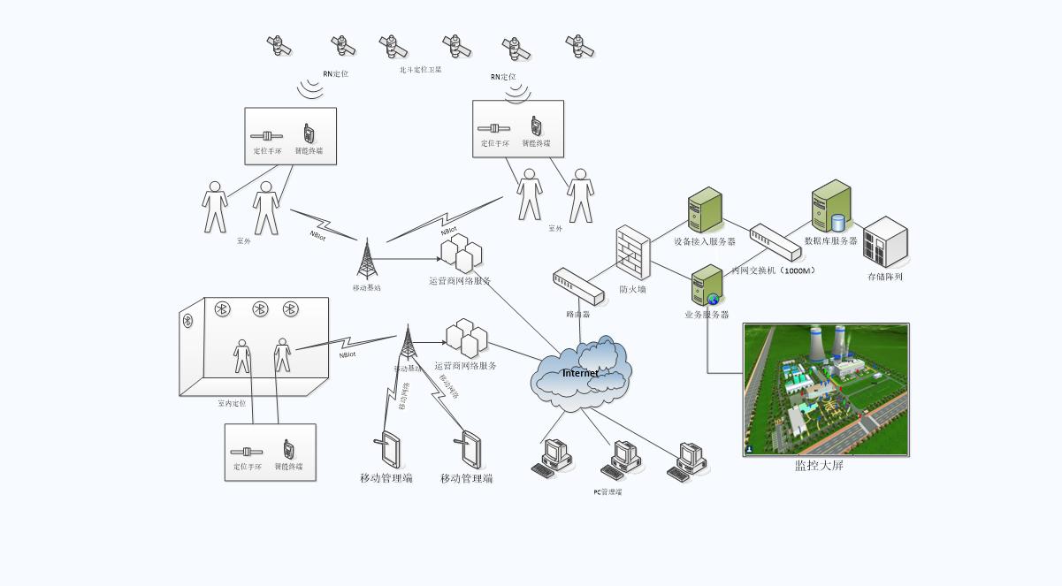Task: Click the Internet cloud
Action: pos(581,372)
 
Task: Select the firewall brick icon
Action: pos(633,253)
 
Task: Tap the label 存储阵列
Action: pos(885,277)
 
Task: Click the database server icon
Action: pos(831,206)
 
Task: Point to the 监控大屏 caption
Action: pos(819,465)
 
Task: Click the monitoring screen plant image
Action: pos(826,390)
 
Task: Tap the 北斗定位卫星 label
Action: pos(420,69)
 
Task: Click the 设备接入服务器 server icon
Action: pos(705,210)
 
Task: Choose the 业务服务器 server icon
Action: pos(707,285)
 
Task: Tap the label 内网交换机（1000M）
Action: pos(773,270)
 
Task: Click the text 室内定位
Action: pos(232,403)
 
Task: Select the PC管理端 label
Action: pos(607,492)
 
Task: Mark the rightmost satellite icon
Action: pos(579,46)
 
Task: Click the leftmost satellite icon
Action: pos(279,45)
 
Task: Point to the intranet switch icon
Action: pos(775,242)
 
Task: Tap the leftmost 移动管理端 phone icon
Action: pos(388,450)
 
